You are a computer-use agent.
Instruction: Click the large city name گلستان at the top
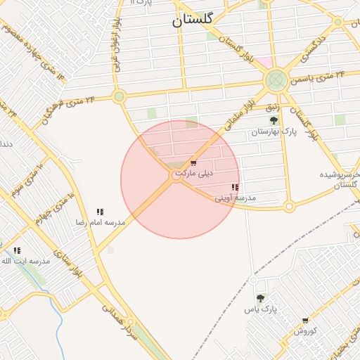tap(196, 21)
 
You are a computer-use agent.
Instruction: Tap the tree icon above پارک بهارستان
tap(274, 120)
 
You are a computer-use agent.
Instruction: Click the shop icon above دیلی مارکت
tap(193, 163)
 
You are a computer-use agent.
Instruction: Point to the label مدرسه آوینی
tap(236, 198)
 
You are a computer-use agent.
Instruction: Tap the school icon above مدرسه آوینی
tap(235, 188)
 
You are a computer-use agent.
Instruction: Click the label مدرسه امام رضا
tap(101, 222)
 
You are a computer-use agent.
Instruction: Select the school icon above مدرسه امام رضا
tap(101, 212)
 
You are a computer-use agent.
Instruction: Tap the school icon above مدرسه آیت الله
tap(17, 250)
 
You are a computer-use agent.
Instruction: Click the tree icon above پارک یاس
tap(261, 299)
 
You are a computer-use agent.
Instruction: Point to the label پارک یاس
tap(261, 309)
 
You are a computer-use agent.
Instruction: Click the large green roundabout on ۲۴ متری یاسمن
tap(276, 80)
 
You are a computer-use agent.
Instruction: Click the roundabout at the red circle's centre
tap(176, 179)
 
